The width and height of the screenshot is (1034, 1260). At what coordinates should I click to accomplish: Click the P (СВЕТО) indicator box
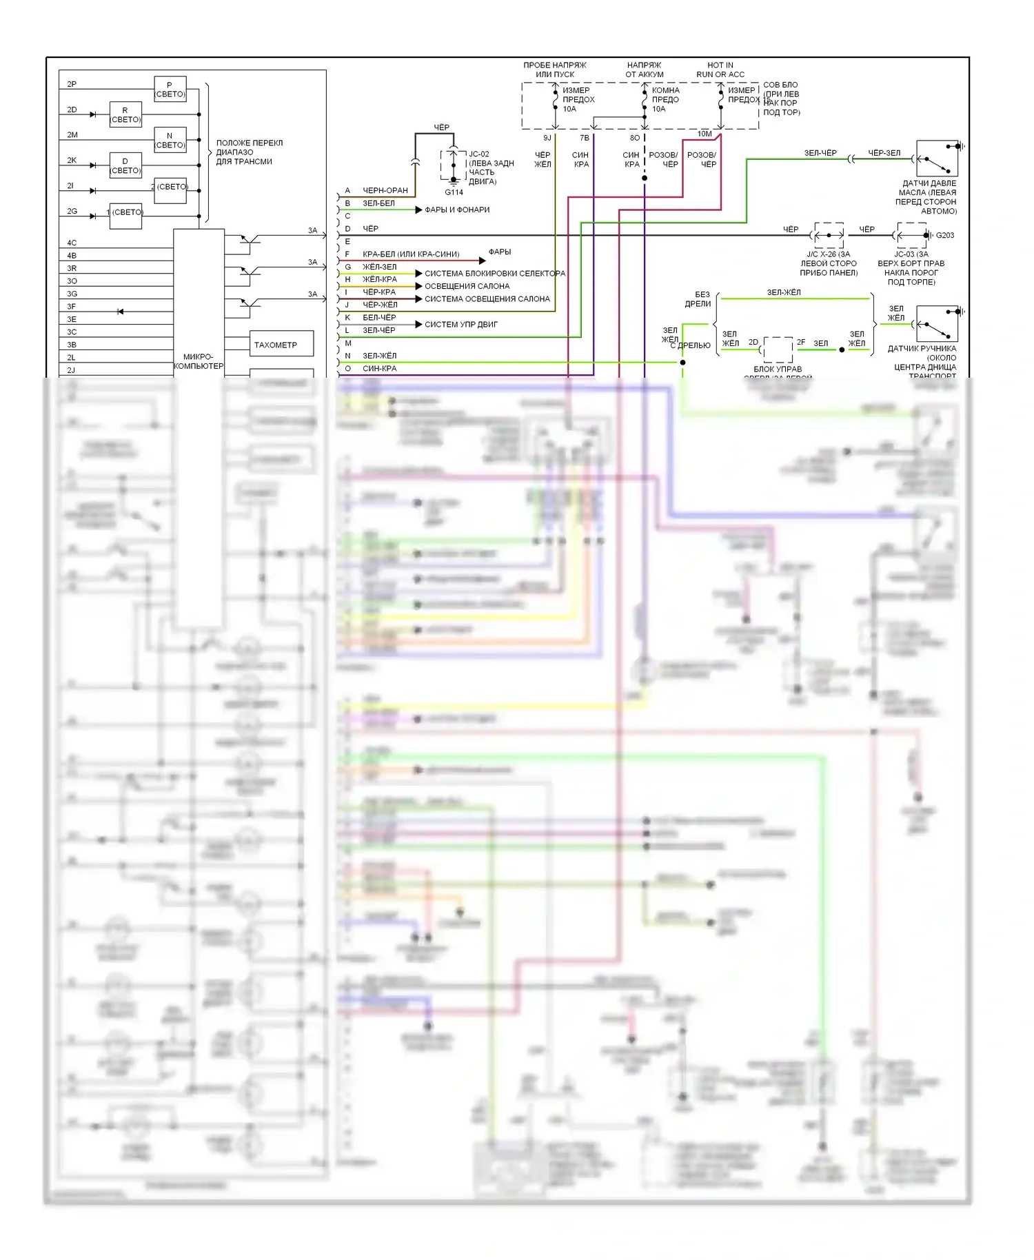[x=170, y=90]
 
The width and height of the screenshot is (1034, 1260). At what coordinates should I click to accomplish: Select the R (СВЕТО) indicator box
[x=125, y=114]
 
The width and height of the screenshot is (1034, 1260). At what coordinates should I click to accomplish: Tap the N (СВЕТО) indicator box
[x=170, y=140]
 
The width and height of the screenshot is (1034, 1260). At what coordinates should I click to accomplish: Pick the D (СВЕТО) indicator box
[x=125, y=165]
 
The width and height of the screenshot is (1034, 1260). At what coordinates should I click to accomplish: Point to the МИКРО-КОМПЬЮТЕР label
[x=199, y=361]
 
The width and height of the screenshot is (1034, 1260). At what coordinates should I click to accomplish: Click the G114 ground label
[x=454, y=192]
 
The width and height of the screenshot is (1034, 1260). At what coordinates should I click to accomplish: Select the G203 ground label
[x=944, y=235]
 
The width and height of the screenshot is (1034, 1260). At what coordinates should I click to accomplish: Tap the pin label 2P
[x=72, y=84]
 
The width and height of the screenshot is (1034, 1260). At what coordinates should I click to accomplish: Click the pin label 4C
[x=72, y=243]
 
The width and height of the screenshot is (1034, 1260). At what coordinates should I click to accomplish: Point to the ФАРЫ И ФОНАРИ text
[x=457, y=210]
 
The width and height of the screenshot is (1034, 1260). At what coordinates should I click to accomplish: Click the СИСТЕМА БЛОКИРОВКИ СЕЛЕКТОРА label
[x=494, y=274]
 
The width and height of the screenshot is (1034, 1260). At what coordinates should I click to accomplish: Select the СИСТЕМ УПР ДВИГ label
[x=460, y=324]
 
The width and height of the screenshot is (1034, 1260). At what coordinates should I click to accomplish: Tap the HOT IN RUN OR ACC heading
[x=720, y=70]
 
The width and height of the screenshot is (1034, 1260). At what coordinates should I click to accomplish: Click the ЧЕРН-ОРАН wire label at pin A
[x=385, y=190]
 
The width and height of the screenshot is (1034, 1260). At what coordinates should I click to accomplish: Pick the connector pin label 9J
[x=547, y=138]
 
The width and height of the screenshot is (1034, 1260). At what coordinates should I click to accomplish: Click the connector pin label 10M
[x=704, y=134]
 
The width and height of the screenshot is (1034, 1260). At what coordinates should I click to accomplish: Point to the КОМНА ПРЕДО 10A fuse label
[x=665, y=99]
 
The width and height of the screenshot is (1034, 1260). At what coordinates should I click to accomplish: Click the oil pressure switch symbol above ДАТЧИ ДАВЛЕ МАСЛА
[x=937, y=159]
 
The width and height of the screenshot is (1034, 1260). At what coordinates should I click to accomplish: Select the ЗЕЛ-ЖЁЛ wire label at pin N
[x=379, y=356]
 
